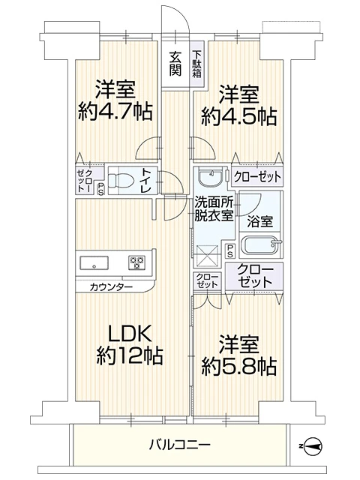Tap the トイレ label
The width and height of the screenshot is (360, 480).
(x=145, y=181)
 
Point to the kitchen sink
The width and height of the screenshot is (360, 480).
(x=94, y=262)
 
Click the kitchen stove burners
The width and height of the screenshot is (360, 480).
(x=136, y=262)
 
